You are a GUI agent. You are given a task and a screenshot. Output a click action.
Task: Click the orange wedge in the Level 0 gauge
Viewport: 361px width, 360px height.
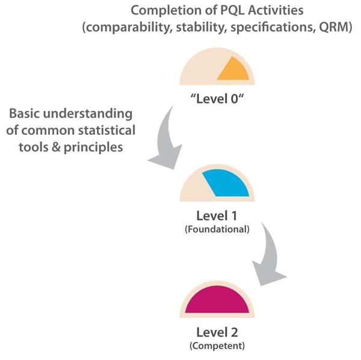pos(234,72)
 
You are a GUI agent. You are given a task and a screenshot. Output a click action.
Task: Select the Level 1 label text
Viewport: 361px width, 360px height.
pos(217,216)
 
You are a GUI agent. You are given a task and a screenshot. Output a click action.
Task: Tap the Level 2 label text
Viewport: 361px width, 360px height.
pos(217,332)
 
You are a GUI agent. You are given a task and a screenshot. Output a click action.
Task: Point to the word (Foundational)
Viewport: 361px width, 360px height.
pos(217,229)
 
